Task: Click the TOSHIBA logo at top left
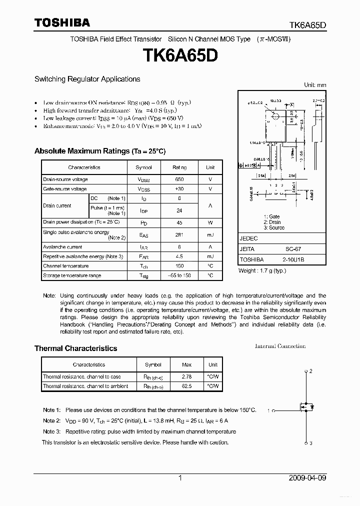(x=62, y=22)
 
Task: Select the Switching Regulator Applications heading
(x=87, y=79)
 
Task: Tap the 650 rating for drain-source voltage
(x=179, y=179)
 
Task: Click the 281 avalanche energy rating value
(x=179, y=234)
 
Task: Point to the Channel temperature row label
(x=65, y=266)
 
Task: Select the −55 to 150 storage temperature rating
(x=179, y=275)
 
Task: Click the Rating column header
(x=179, y=167)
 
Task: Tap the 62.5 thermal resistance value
(x=187, y=386)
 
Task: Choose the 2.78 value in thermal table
(x=187, y=376)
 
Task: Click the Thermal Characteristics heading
(x=75, y=348)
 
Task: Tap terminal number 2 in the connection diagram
(x=310, y=371)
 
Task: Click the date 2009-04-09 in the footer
(x=307, y=478)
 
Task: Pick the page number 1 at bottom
(x=180, y=478)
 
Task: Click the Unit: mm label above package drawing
(x=315, y=85)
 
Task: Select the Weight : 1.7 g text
(x=262, y=270)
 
